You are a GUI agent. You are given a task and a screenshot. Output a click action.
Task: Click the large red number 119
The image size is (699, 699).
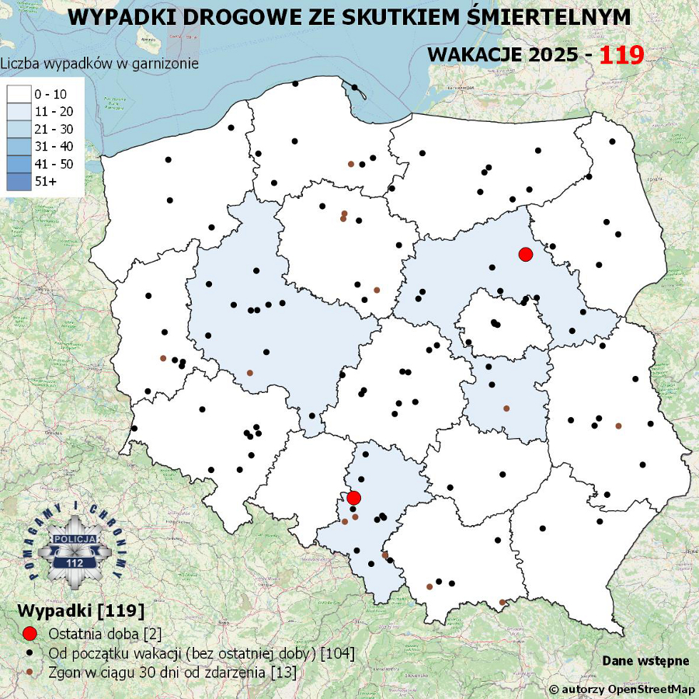621,54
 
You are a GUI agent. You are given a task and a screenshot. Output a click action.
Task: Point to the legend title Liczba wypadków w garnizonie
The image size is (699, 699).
99,64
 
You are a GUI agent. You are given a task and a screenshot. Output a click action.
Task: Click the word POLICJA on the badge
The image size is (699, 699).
75,538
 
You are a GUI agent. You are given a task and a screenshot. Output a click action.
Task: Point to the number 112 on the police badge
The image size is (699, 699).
75,562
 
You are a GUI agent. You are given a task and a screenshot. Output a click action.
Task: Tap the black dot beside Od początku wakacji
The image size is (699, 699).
30,653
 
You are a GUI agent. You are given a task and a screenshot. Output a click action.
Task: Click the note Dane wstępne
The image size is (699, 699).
645,661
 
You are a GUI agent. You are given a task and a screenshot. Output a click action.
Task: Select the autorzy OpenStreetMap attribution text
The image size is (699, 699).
622,689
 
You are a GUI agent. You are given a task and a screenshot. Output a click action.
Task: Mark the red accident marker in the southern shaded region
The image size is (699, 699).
353,497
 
